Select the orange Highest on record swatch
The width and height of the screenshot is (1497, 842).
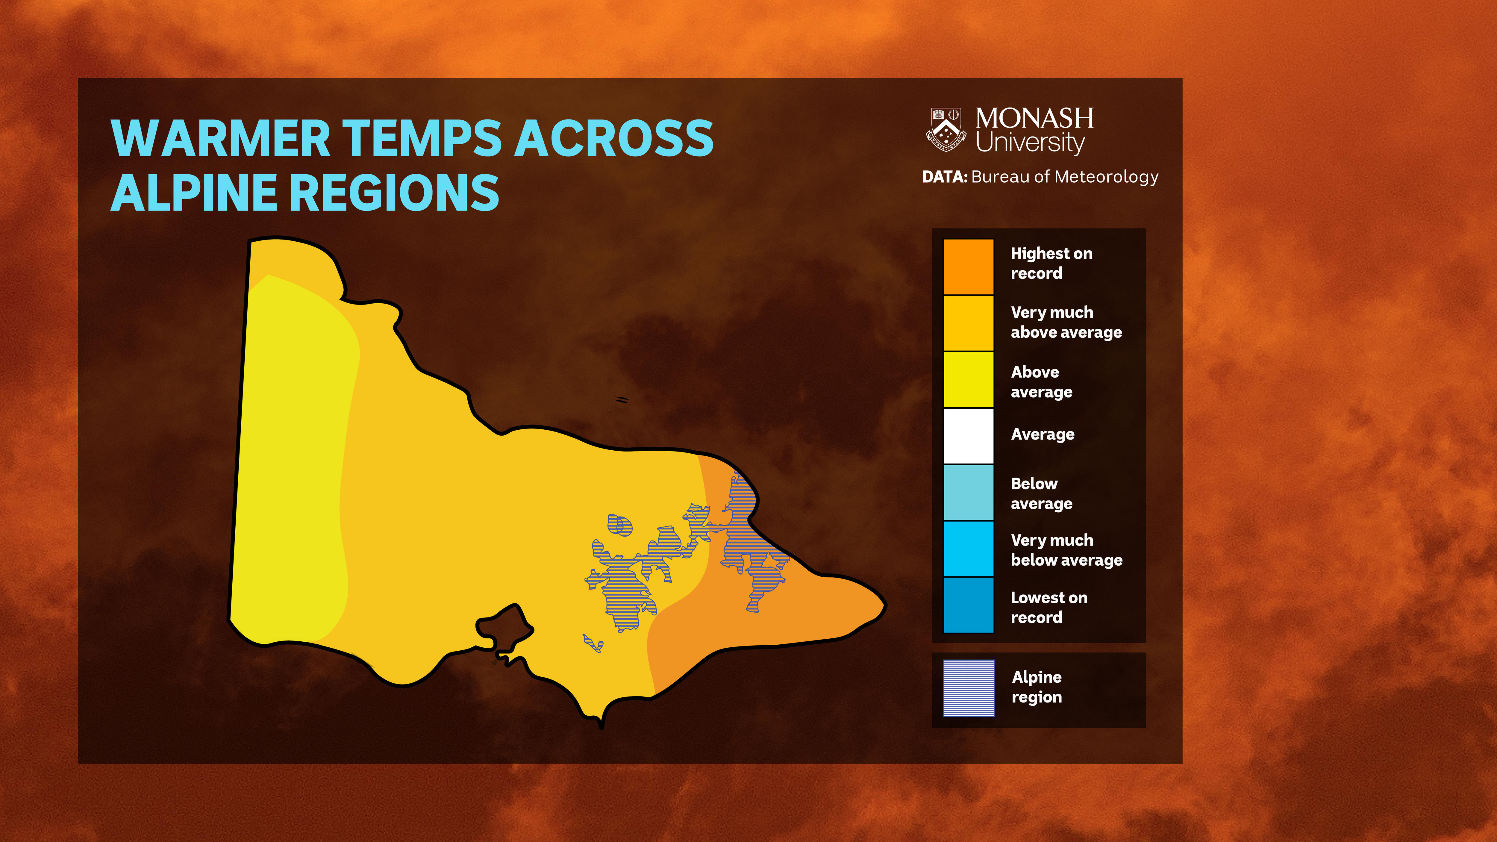[x=968, y=267]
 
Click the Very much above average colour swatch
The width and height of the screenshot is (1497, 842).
[x=968, y=323]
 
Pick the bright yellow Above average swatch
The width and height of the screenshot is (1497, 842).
[x=968, y=379]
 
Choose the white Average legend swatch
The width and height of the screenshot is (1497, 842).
[x=968, y=436]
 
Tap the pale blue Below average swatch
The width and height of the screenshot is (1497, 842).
[x=968, y=492]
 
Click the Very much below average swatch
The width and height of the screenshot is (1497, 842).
[x=968, y=549]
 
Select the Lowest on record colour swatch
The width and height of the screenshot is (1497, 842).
[x=968, y=605]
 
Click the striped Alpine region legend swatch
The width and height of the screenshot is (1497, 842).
[x=968, y=688]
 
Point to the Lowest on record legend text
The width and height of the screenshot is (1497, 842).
[x=1048, y=607]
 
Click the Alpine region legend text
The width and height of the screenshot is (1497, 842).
[x=1037, y=687]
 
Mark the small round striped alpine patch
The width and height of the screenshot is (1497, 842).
[x=619, y=525]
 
